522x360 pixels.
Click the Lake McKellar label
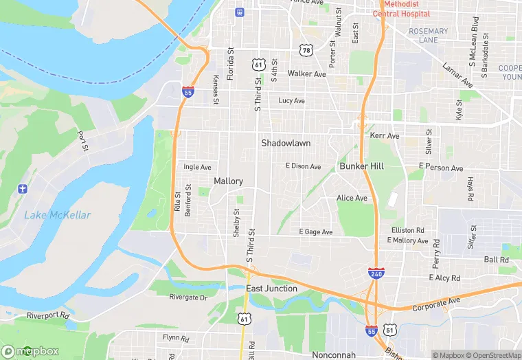pyautogui.click(x=58, y=215)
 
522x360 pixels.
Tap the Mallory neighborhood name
pyautogui.click(x=228, y=181)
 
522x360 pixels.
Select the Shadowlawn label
pyautogui.click(x=286, y=143)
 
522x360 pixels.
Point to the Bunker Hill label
pyautogui.click(x=361, y=166)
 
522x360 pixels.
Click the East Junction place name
pyautogui.click(x=272, y=289)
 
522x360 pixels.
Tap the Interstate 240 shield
pyautogui.click(x=376, y=273)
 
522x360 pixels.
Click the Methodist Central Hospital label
pyautogui.click(x=402, y=9)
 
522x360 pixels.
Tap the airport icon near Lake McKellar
pyautogui.click(x=23, y=188)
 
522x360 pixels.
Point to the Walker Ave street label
pyautogui.click(x=307, y=74)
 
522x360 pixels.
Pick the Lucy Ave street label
pyautogui.click(x=291, y=101)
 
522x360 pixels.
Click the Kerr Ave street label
pyautogui.click(x=385, y=136)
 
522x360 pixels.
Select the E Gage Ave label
pyautogui.click(x=316, y=232)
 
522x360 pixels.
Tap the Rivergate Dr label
pyautogui.click(x=188, y=297)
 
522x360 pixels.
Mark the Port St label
pyautogui.click(x=83, y=142)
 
